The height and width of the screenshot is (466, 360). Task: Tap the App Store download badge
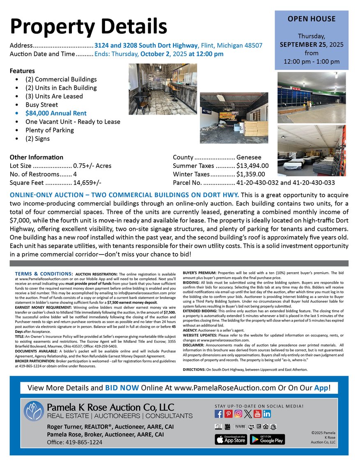pos(230,439)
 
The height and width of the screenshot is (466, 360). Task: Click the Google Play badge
pos(267,439)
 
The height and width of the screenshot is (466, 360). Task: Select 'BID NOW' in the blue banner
pos(122,388)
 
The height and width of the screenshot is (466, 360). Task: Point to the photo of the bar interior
pos(163,89)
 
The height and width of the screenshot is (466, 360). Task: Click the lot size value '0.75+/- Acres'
pos(92,166)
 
